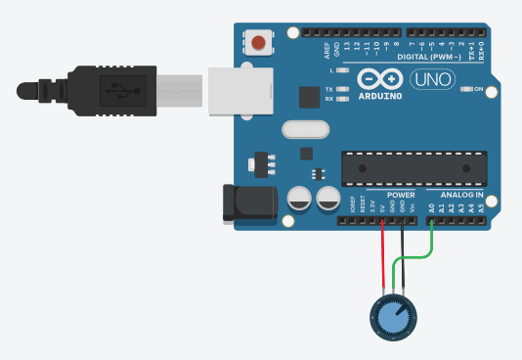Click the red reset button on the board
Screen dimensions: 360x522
(258, 43)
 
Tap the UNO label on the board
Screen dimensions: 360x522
(432, 78)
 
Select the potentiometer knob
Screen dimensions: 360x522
(392, 316)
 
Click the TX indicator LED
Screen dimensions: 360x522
(340, 88)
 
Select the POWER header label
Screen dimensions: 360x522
(400, 194)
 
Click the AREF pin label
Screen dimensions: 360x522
(327, 48)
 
